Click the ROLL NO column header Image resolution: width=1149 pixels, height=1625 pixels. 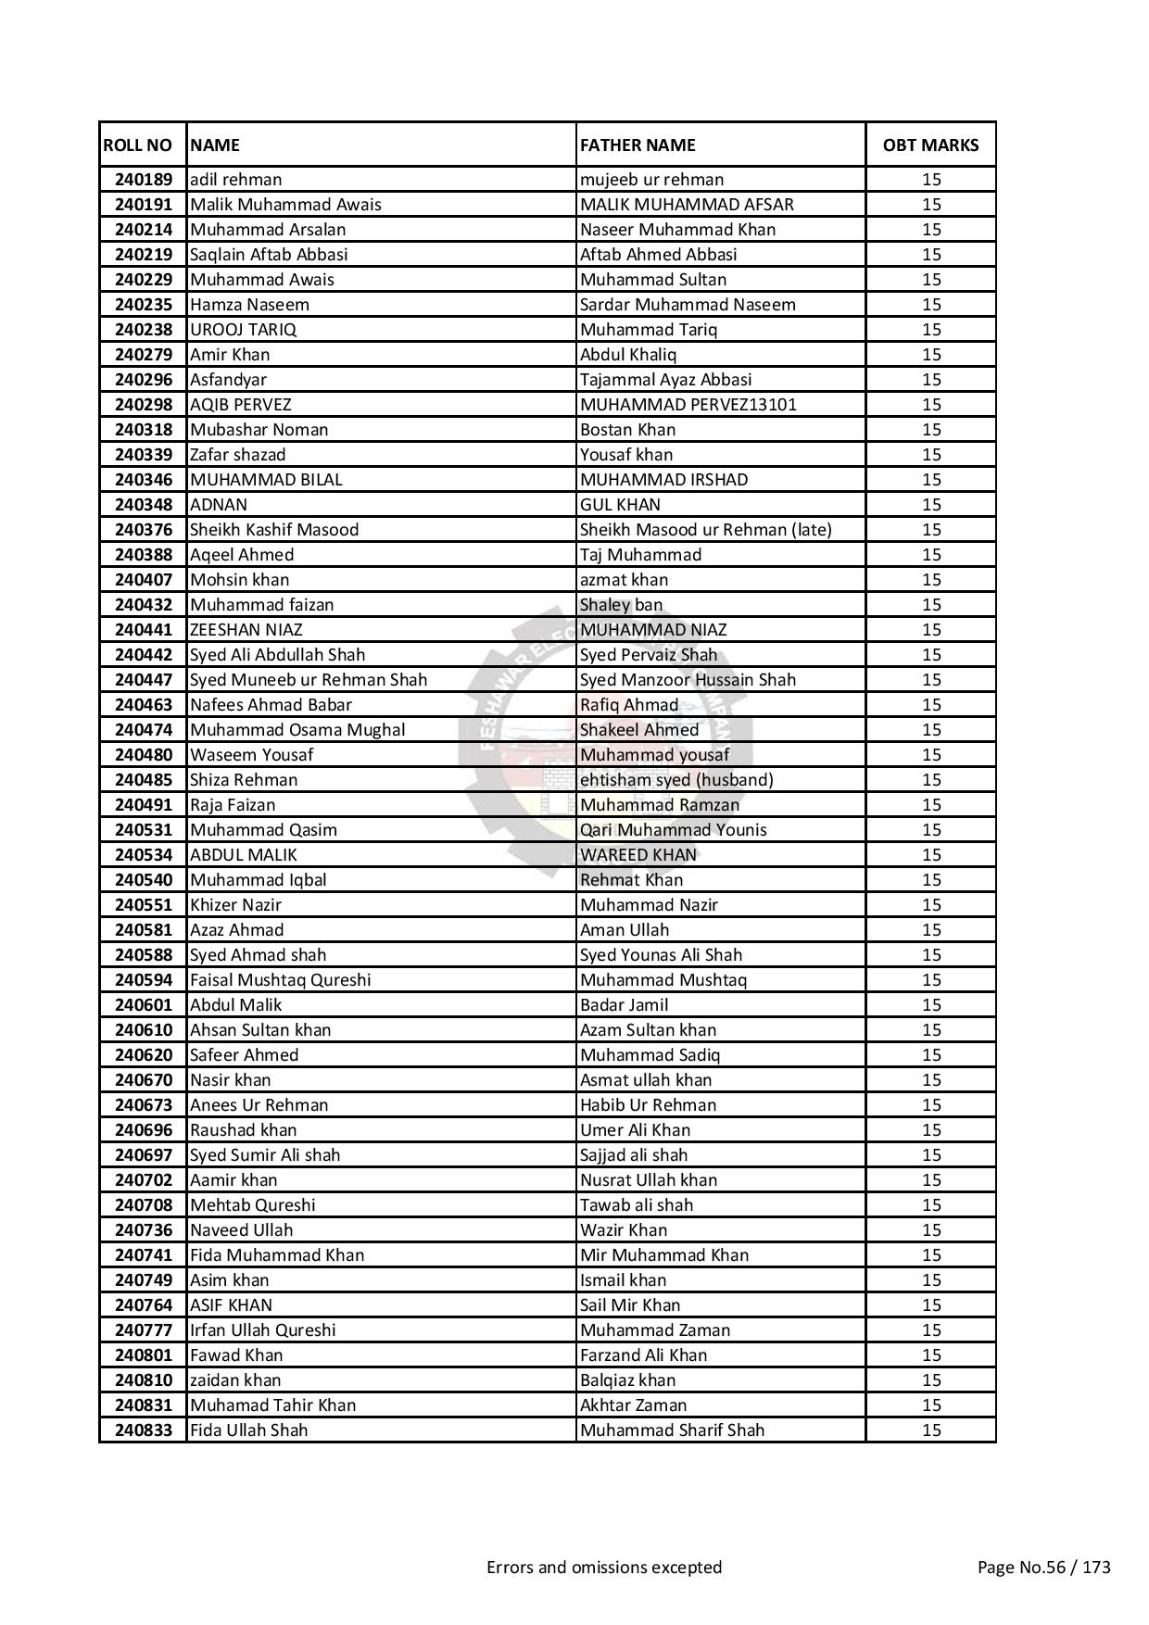pyautogui.click(x=138, y=145)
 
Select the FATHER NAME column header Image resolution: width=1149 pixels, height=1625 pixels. pyautogui.click(x=638, y=145)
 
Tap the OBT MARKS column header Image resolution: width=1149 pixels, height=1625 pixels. pyautogui.click(x=930, y=145)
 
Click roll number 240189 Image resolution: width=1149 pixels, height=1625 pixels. pyautogui.click(x=144, y=180)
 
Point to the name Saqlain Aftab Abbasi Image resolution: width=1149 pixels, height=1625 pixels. pyautogui.click(x=269, y=255)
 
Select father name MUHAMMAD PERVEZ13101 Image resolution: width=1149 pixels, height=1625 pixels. pyautogui.click(x=688, y=405)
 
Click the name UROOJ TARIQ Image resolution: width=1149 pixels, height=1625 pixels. pyautogui.click(x=243, y=330)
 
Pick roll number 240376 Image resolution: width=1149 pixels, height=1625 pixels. pyautogui.click(x=144, y=530)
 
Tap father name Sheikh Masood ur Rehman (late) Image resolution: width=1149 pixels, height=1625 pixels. pyautogui.click(x=705, y=530)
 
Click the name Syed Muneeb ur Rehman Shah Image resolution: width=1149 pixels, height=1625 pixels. pyautogui.click(x=309, y=680)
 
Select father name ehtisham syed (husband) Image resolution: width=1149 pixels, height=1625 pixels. pyautogui.click(x=676, y=780)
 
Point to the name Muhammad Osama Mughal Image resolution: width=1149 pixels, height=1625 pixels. pyautogui.click(x=297, y=730)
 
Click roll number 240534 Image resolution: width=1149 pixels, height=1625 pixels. pyautogui.click(x=144, y=855)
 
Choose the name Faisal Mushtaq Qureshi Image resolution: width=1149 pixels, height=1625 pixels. pyautogui.click(x=280, y=980)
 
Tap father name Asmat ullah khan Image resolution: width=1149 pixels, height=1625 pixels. pyautogui.click(x=646, y=1080)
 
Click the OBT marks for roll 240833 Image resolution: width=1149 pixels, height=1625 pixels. pyautogui.click(x=931, y=1430)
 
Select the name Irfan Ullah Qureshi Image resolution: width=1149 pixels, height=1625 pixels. pyautogui.click(x=262, y=1330)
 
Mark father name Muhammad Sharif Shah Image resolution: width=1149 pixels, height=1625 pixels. pyautogui.click(x=672, y=1430)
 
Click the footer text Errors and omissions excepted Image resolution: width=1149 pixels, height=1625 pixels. pyautogui.click(x=604, y=1568)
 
